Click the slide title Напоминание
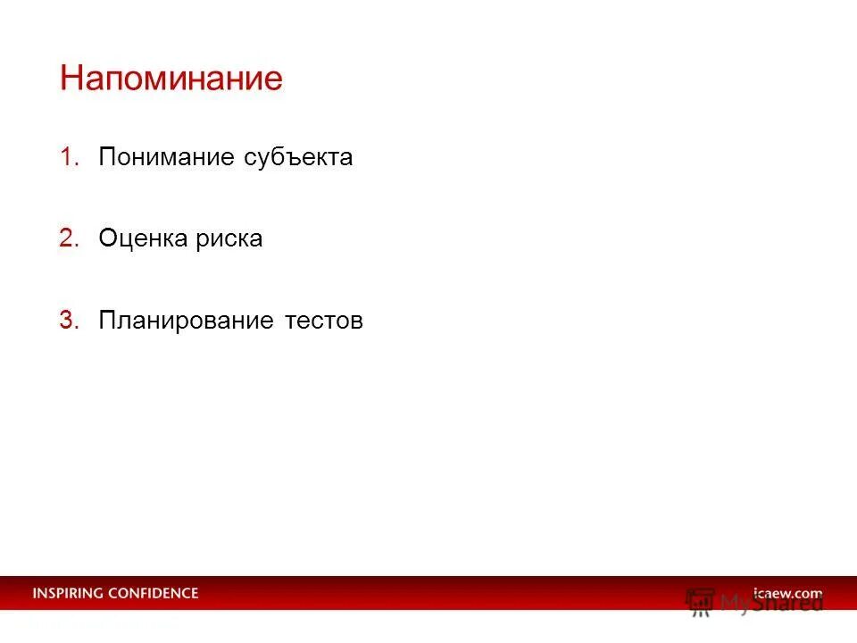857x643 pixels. (171, 79)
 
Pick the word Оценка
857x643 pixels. (143, 238)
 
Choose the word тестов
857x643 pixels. (324, 321)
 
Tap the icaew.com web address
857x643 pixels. (787, 593)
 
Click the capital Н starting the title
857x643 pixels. (71, 79)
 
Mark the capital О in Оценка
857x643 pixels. (108, 238)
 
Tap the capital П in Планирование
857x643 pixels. (108, 321)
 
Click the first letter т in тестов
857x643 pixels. (291, 321)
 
